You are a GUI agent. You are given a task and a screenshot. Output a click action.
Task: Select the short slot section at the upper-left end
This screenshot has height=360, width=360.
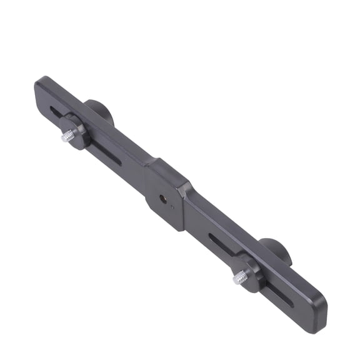[x=56, y=112]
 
